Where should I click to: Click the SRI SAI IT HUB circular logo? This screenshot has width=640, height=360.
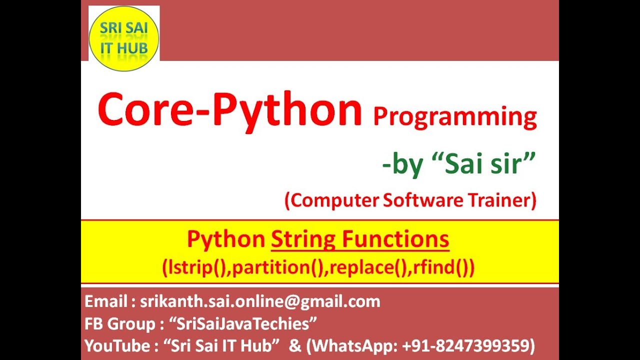tap(123, 38)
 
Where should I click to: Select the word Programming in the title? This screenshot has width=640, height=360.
tap(454, 117)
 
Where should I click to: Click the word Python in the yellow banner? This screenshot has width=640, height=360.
tap(225, 240)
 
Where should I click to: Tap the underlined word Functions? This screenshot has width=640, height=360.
tap(395, 240)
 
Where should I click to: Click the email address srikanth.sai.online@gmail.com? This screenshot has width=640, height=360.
tap(260, 301)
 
